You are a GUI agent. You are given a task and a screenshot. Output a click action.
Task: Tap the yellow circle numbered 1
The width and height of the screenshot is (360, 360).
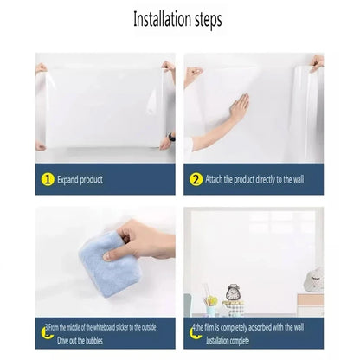pyautogui.click(x=48, y=179)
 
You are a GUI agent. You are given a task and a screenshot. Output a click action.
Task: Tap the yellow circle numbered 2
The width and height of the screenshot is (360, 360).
pyautogui.click(x=196, y=179)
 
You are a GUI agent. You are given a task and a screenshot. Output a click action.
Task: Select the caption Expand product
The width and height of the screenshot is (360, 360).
pyautogui.click(x=80, y=180)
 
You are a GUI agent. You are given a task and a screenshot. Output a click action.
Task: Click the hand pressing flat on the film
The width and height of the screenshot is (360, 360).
pyautogui.click(x=238, y=107)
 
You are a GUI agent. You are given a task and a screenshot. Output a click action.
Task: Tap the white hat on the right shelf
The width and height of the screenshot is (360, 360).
pyautogui.click(x=314, y=279)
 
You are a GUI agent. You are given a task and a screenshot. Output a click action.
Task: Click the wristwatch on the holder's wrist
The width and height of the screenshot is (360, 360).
pyautogui.click(x=171, y=137)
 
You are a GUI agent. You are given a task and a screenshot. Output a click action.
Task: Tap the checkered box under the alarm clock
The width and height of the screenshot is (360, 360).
pyautogui.click(x=234, y=306)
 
